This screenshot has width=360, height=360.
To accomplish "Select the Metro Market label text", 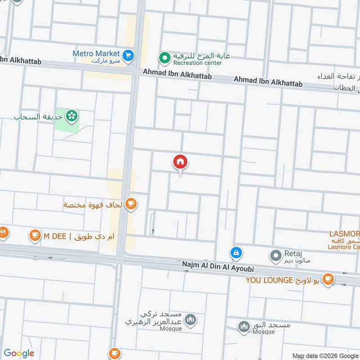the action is [x=96, y=54].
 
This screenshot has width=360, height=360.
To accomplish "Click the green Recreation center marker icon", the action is [x=165, y=58].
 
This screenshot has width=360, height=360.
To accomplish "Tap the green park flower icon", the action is [x=71, y=117].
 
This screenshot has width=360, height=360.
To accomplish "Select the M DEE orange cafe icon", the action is [x=35, y=235].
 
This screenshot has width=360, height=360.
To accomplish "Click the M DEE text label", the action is [x=53, y=235].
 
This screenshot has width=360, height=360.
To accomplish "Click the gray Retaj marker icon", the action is [x=275, y=256].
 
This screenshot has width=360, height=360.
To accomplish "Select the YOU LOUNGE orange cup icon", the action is [x=328, y=279].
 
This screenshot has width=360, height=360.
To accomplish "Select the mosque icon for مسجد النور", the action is [x=244, y=326].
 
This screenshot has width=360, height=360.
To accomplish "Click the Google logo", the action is [x=19, y=353].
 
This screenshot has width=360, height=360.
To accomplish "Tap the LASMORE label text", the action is [x=345, y=234].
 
